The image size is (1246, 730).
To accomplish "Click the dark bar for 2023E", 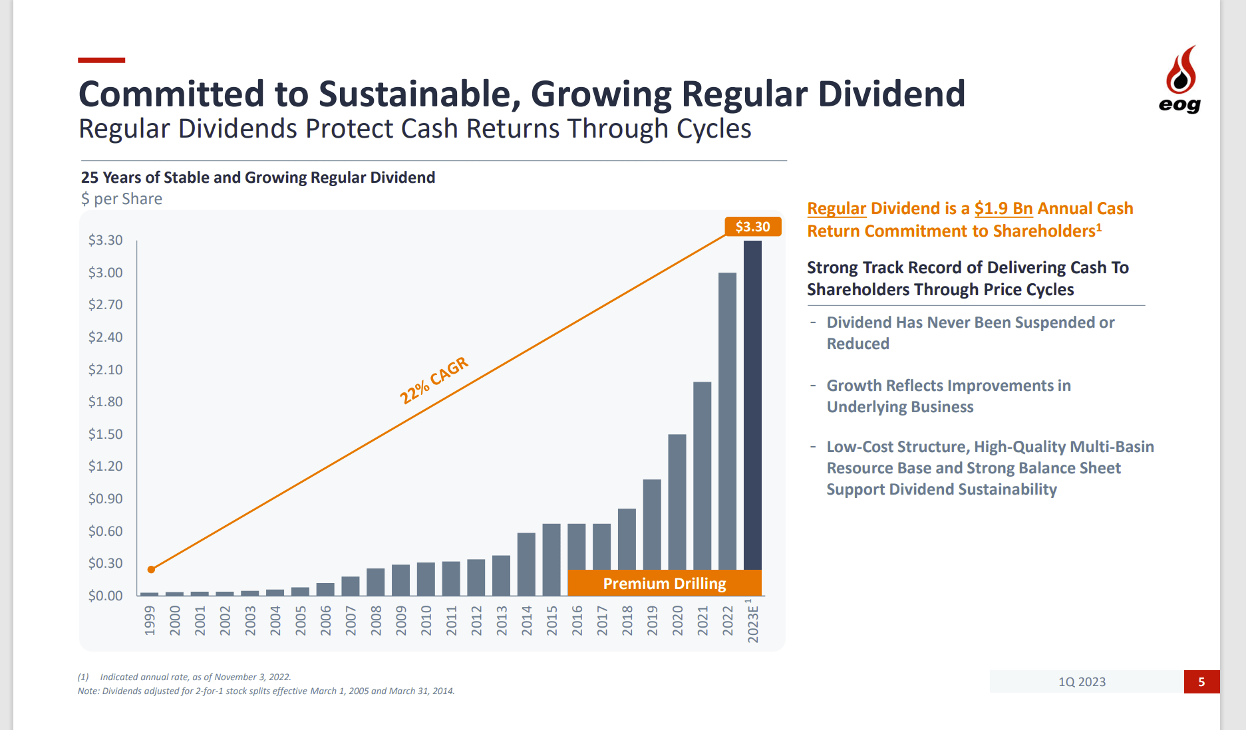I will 752,406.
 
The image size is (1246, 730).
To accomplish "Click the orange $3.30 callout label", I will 752,227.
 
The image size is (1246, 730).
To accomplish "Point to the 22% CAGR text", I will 434,380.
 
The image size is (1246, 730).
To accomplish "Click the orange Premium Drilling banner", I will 664,583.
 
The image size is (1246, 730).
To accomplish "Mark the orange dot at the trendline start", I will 151,569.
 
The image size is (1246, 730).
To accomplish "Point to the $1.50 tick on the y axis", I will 105,434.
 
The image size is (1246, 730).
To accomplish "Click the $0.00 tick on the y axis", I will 105,596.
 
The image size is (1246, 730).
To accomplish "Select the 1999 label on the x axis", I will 150,620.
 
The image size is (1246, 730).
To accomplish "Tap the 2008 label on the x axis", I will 376,620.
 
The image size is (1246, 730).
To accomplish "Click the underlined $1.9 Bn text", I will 1003,209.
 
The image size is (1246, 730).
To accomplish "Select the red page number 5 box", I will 1201,681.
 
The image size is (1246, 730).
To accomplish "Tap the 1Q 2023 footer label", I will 1082,681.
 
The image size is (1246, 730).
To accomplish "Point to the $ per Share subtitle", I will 122,199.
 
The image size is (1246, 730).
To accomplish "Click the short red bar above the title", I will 101,61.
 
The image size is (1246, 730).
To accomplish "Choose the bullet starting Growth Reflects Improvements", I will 948,396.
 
